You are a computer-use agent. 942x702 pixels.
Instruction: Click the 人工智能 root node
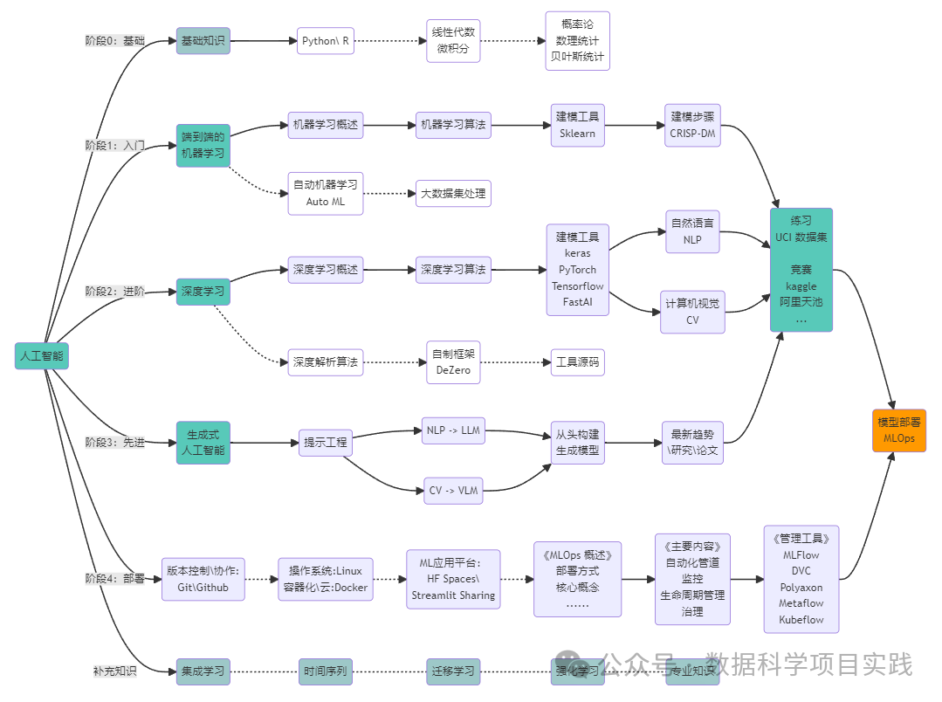point(42,355)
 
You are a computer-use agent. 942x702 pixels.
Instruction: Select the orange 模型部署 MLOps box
point(898,430)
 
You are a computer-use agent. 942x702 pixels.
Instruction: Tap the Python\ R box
point(326,41)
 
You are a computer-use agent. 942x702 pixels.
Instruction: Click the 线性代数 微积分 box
point(454,41)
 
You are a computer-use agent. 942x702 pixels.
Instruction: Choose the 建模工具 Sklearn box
point(577,125)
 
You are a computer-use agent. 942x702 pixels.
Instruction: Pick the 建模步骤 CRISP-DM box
point(692,125)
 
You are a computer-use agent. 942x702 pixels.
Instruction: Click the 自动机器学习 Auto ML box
point(325,193)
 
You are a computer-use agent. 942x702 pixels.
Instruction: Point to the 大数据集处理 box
point(454,193)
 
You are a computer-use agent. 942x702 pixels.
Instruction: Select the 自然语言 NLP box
point(692,231)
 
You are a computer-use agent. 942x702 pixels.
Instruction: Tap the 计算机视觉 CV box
point(692,312)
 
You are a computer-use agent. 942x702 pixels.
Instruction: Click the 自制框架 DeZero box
point(453,361)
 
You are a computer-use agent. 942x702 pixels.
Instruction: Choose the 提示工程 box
point(324,443)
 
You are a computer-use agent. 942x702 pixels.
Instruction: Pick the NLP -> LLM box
point(453,430)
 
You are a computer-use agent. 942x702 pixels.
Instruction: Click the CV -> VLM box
point(453,491)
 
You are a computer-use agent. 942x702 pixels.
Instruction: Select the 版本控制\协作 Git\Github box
point(203,579)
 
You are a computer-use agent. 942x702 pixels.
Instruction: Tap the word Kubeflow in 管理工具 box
point(801,620)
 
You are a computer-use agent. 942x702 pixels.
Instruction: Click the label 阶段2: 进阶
point(114,291)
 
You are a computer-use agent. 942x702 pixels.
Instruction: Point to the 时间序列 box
point(325,671)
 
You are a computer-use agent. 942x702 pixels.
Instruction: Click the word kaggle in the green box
point(801,286)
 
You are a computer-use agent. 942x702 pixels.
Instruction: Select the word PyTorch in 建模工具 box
point(577,269)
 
